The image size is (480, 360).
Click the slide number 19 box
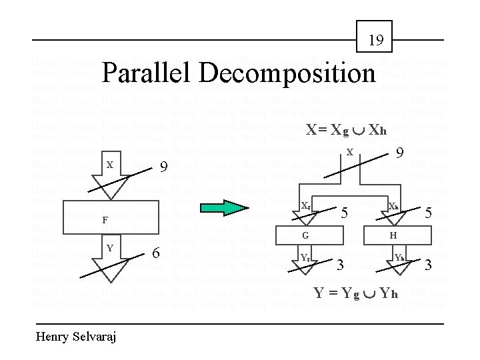point(376,40)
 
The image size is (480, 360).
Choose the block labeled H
point(393,235)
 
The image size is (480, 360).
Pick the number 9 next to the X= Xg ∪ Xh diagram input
point(400,153)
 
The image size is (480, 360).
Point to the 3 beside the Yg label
point(340,266)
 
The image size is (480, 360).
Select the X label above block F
point(109,164)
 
